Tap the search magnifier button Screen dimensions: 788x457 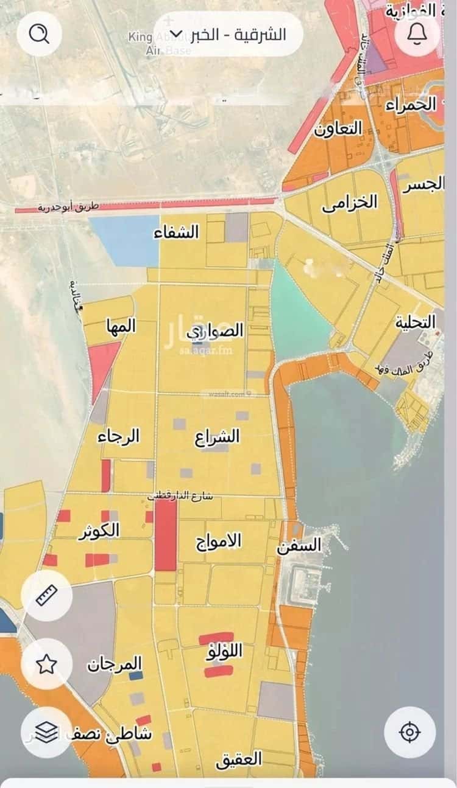(x=40, y=34)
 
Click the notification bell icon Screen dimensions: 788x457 (x=417, y=34)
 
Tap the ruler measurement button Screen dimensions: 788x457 (x=46, y=595)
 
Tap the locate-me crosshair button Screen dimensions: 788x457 (x=409, y=731)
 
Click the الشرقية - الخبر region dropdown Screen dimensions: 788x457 (x=228, y=34)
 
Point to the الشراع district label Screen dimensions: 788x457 (x=218, y=437)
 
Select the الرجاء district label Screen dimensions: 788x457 (x=120, y=436)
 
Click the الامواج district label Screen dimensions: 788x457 (x=218, y=540)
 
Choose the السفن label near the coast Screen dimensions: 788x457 (x=299, y=545)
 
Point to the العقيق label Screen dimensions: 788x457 (x=238, y=759)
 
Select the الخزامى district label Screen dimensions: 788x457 (x=350, y=203)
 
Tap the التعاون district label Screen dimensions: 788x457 (x=338, y=129)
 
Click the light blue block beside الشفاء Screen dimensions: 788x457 (x=124, y=240)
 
